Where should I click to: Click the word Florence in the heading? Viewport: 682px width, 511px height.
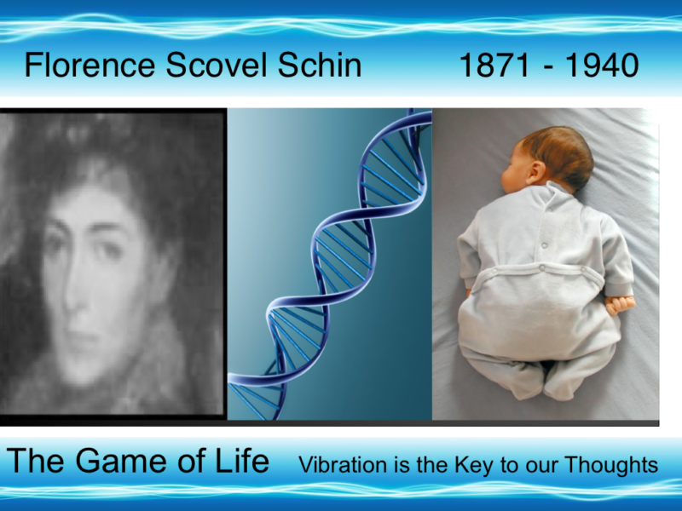coord(90,65)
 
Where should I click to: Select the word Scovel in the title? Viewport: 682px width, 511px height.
coord(217,65)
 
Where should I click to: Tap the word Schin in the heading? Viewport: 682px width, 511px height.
coord(320,65)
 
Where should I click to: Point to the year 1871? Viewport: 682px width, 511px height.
coord(494,66)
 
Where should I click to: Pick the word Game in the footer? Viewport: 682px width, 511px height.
coord(123,461)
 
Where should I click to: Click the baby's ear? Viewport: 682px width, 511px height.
coord(536,172)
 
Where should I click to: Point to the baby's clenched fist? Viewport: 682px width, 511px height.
coord(620,304)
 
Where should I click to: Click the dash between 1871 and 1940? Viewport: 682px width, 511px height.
coord(548,67)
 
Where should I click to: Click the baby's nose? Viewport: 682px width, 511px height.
coord(504,177)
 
